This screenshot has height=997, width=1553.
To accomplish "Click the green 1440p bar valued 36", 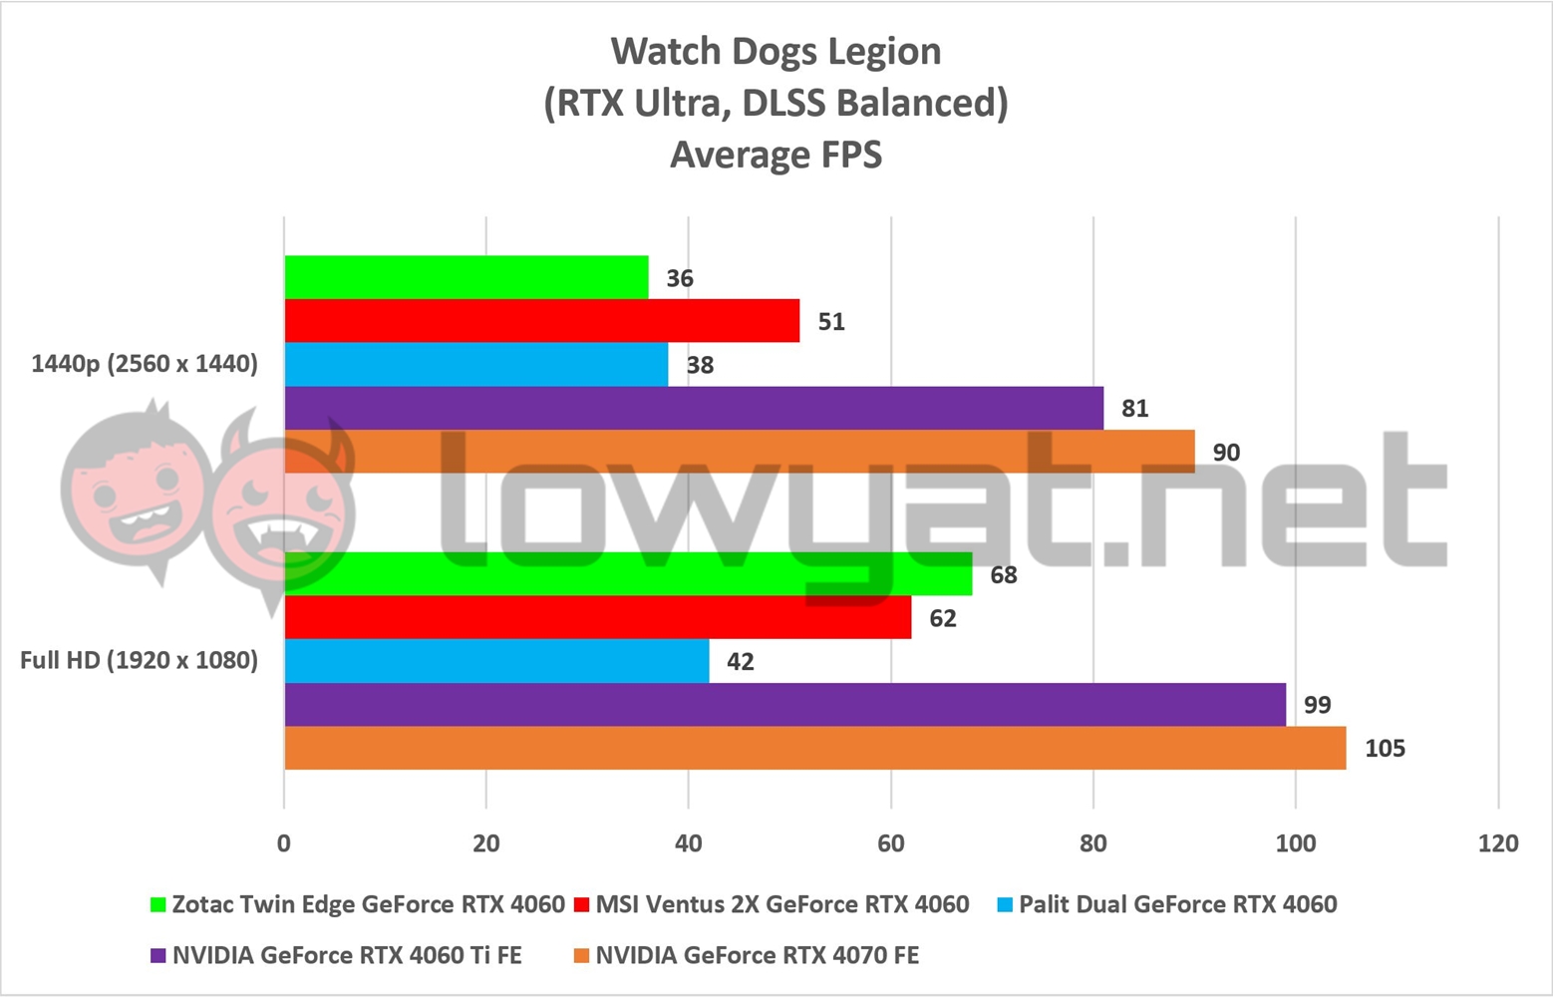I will pyautogui.click(x=466, y=277).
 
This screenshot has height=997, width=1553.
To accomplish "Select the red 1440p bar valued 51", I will pyautogui.click(x=541, y=321).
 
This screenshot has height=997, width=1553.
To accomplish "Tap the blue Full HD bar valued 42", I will pyautogui.click(x=496, y=661).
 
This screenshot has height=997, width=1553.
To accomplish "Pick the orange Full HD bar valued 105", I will pyautogui.click(x=814, y=748).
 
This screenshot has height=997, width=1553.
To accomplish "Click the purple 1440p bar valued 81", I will pyautogui.click(x=694, y=408).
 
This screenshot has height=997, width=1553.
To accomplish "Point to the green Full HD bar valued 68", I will pyautogui.click(x=628, y=574).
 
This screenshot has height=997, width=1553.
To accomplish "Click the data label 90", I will pyautogui.click(x=1226, y=452).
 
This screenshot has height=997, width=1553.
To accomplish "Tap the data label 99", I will pyautogui.click(x=1317, y=705).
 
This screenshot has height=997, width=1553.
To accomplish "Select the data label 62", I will pyautogui.click(x=942, y=618).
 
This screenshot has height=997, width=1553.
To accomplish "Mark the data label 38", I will pyautogui.click(x=700, y=365).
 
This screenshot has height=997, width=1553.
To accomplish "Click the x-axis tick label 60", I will pyautogui.click(x=890, y=843).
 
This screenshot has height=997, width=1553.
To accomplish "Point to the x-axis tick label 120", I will pyautogui.click(x=1498, y=843).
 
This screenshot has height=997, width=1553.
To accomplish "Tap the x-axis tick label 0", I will pyautogui.click(x=284, y=843).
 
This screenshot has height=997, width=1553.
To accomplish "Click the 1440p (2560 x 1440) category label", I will pyautogui.click(x=145, y=364).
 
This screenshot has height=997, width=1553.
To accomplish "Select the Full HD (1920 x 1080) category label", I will pyautogui.click(x=140, y=660).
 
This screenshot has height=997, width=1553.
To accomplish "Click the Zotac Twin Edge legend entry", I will pyautogui.click(x=357, y=904).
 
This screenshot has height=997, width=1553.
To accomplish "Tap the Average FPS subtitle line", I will pyautogui.click(x=776, y=155).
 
